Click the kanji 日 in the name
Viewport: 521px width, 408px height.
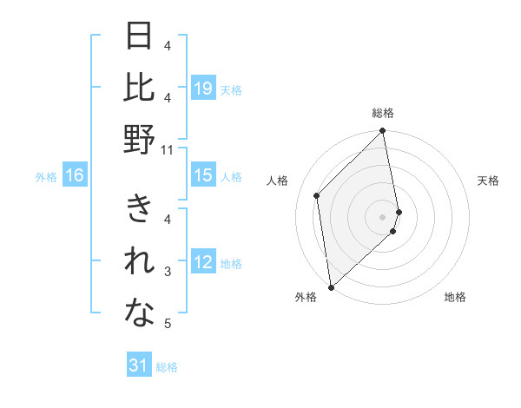pos(140,36)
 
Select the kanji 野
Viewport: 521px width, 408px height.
pos(140,140)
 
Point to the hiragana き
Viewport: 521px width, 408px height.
pos(140,211)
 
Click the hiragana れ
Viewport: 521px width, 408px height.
pos(140,263)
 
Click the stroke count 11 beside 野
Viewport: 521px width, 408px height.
pos(168,150)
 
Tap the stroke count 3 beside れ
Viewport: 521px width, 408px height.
pos(168,272)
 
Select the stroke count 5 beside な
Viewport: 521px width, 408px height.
pos(168,325)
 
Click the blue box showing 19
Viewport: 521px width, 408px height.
pos(203,89)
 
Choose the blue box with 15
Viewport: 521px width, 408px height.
pos(203,176)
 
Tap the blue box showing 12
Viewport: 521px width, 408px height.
pos(203,263)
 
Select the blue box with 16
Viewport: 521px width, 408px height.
pos(75,176)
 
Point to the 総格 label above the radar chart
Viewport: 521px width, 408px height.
pos(383,114)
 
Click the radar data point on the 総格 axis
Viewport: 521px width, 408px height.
pos(383,132)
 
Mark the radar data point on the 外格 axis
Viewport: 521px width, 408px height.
pos(331,286)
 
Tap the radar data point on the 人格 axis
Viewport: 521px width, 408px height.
pos(317,195)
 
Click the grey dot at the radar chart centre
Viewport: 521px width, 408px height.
pos(383,216)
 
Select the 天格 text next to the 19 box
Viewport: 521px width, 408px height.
pos(231,89)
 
